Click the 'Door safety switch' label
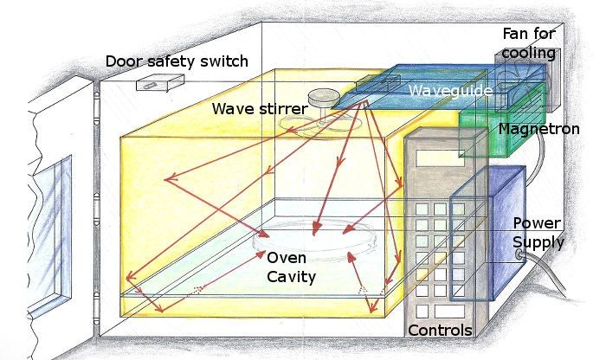tap(177, 61)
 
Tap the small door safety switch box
tap(160, 83)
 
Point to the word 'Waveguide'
tap(451, 90)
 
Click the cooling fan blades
tap(523, 82)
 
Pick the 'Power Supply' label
tap(538, 232)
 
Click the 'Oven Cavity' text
tap(291, 267)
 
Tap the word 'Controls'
tap(439, 331)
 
